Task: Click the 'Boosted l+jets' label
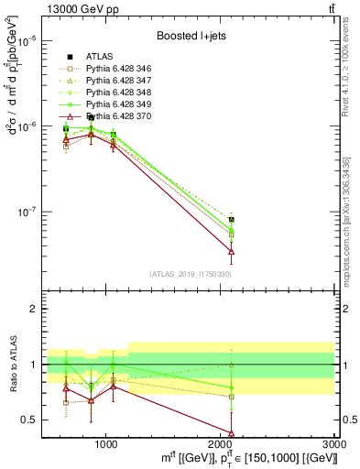[191, 36]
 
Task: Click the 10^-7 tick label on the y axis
[28, 212]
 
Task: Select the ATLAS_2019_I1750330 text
[191, 274]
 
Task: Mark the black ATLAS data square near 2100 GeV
[232, 220]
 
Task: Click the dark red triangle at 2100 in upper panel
[232, 250]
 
